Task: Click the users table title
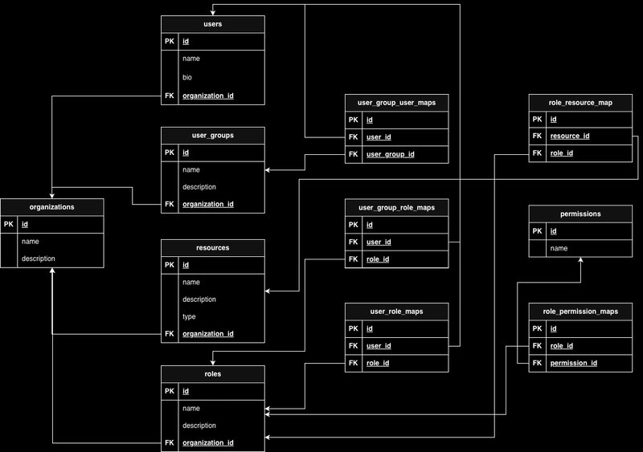pyautogui.click(x=213, y=25)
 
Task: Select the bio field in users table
pyautogui.click(x=188, y=78)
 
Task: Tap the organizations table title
pyautogui.click(x=51, y=207)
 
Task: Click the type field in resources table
pyautogui.click(x=189, y=316)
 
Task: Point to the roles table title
pyautogui.click(x=213, y=374)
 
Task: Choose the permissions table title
pyautogui.click(x=580, y=214)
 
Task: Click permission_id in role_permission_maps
pyautogui.click(x=572, y=364)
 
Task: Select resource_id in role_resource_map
pyautogui.click(x=570, y=136)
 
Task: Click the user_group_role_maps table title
pyautogui.click(x=396, y=208)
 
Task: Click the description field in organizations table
pyautogui.click(x=38, y=259)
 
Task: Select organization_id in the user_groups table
pyautogui.click(x=208, y=205)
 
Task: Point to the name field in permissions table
pyautogui.click(x=559, y=249)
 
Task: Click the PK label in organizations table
pyautogui.click(x=9, y=225)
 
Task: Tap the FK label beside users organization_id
pyautogui.click(x=169, y=96)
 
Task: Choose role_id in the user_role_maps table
pyautogui.click(x=378, y=364)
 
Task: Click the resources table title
pyautogui.click(x=213, y=248)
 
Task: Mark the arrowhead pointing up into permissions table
pyautogui.click(x=580, y=261)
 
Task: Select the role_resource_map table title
pyautogui.click(x=580, y=103)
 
